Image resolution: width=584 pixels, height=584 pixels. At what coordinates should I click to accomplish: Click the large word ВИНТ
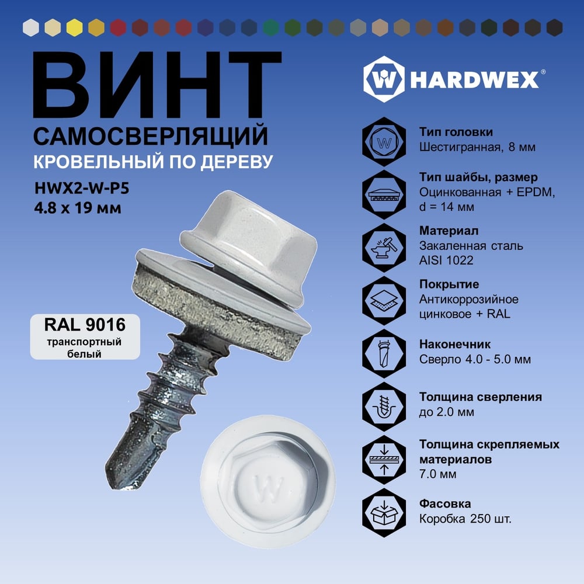coord(157,85)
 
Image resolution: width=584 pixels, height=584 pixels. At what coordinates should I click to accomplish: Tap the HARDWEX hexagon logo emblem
coord(384,79)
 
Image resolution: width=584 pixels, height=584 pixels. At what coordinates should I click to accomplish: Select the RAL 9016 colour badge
coord(85,337)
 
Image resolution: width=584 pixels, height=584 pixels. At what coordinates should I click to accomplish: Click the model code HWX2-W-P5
coord(82,188)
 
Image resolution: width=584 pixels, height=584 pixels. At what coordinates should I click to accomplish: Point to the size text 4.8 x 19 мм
coord(78,208)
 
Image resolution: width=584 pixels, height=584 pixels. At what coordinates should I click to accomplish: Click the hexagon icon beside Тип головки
coord(384,142)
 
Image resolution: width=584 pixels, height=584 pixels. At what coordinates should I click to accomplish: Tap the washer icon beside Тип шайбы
coord(384,195)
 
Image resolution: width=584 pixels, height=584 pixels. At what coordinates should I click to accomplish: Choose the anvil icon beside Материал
coord(384,248)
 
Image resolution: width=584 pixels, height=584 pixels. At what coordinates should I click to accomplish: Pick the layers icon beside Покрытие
coord(384,301)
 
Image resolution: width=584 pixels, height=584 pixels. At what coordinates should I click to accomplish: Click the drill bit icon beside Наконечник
coord(384,353)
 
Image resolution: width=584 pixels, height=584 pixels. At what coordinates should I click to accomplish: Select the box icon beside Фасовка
coord(384,513)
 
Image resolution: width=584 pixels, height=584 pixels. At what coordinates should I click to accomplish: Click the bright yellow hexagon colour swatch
coord(75,27)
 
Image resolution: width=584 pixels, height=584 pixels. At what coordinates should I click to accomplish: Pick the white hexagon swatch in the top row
coord(31,27)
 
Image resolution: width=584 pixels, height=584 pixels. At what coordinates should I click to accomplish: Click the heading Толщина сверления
coord(481,397)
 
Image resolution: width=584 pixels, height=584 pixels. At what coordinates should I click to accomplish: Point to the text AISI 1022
coord(446,260)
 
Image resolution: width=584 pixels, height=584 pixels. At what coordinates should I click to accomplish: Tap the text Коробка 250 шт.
coord(465,519)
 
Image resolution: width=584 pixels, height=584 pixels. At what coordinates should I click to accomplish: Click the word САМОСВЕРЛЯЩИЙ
coord(151,136)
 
